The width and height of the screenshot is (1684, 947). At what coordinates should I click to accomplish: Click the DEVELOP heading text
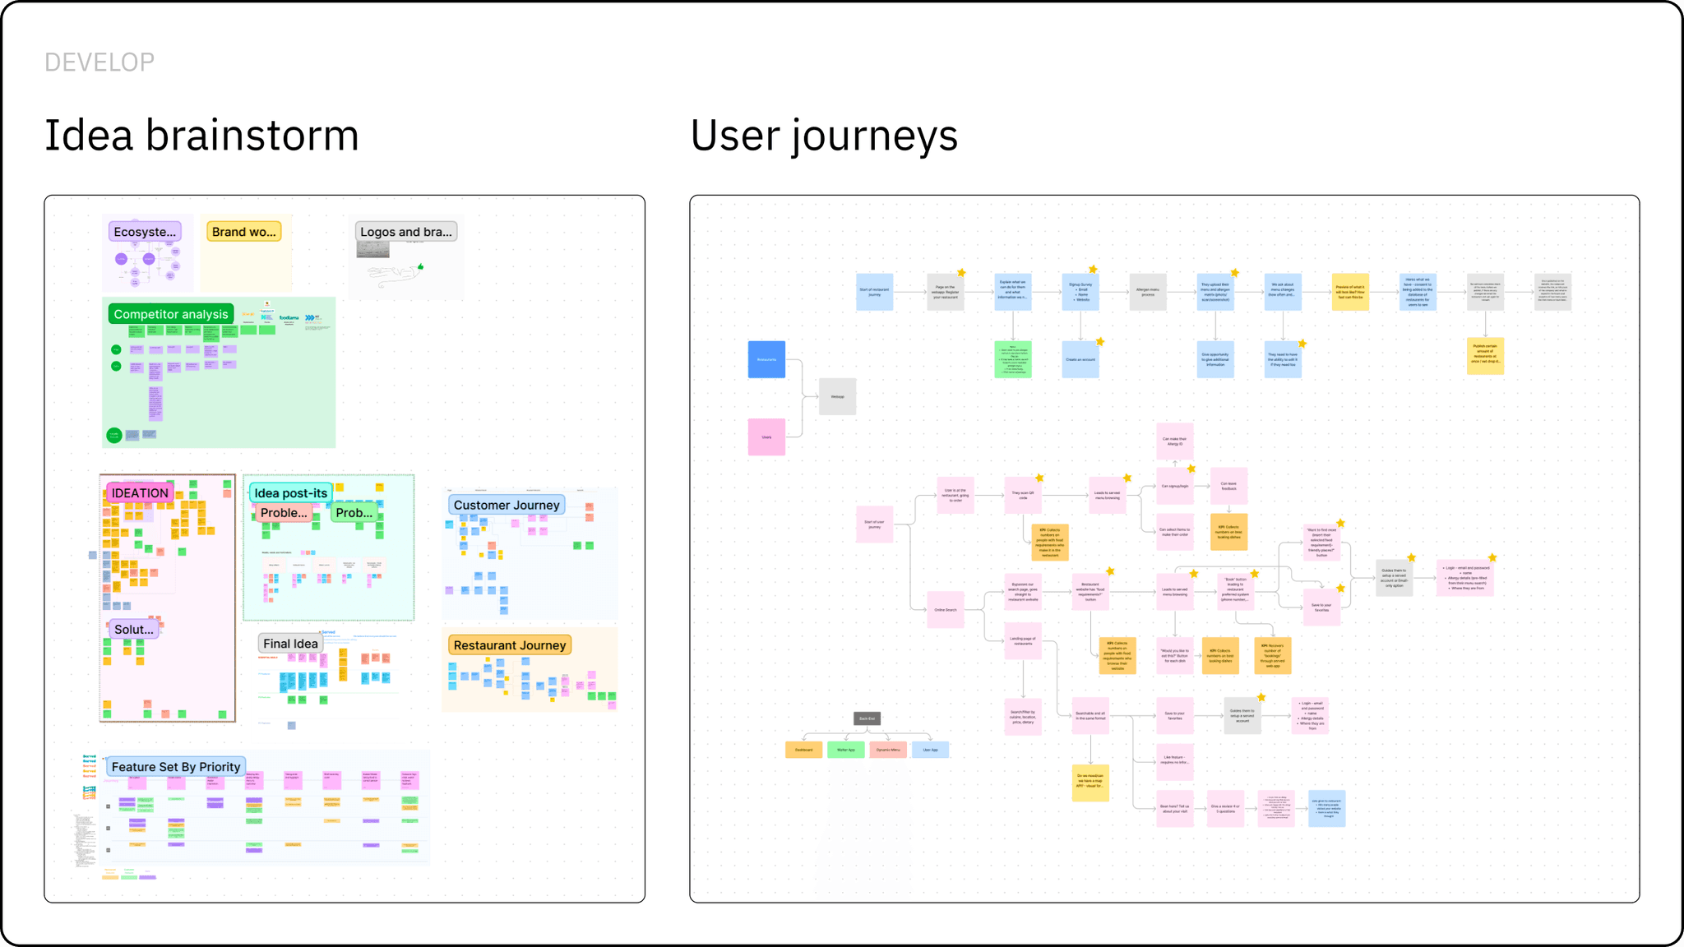[x=99, y=62]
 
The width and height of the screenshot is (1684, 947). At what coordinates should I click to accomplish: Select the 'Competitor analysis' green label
[x=171, y=314]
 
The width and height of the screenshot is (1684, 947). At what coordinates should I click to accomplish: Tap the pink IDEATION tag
[x=139, y=493]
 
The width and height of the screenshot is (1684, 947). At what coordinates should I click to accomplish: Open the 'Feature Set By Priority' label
[x=175, y=767]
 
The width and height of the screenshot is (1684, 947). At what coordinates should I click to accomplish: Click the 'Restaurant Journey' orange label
[x=510, y=645]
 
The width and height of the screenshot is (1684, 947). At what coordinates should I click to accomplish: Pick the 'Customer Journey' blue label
[x=507, y=505]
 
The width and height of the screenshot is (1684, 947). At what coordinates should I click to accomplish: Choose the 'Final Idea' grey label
[x=290, y=644]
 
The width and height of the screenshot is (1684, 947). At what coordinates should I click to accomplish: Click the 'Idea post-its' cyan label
[x=290, y=493]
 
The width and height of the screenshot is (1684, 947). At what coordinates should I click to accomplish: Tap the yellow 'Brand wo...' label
[x=243, y=232]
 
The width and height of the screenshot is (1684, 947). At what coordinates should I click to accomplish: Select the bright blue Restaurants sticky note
[x=766, y=360]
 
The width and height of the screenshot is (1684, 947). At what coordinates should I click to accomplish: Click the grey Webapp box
[x=837, y=396]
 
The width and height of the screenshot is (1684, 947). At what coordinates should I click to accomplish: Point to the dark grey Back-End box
[x=867, y=718]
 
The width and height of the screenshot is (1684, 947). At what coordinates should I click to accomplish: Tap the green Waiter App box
[x=845, y=750]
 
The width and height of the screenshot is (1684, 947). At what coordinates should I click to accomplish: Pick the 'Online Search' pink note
[x=945, y=610]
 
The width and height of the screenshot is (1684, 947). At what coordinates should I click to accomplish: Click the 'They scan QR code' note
[x=1023, y=495]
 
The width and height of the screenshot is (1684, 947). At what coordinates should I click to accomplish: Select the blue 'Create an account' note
[x=1080, y=360]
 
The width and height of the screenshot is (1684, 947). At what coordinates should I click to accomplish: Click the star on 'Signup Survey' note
[x=1093, y=270]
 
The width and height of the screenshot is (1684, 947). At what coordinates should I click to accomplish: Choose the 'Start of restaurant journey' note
[x=874, y=292]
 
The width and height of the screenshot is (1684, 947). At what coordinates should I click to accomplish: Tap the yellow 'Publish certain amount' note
[x=1485, y=356]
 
